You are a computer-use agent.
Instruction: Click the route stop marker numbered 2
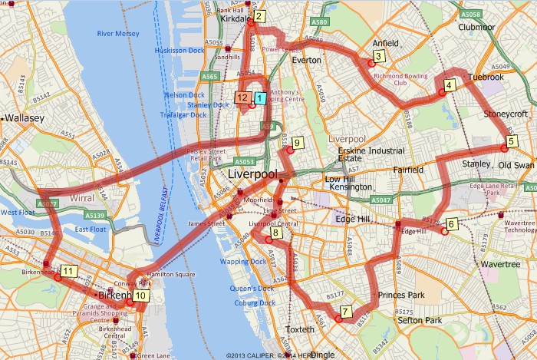[260, 15]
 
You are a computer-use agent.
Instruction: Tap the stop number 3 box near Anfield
[379, 56]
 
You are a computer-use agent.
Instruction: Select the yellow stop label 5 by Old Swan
[511, 140]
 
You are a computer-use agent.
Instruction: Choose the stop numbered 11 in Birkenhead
[69, 270]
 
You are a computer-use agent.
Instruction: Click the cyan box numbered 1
[260, 97]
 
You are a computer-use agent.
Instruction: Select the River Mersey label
[118, 34]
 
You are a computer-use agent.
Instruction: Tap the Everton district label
[306, 59]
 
